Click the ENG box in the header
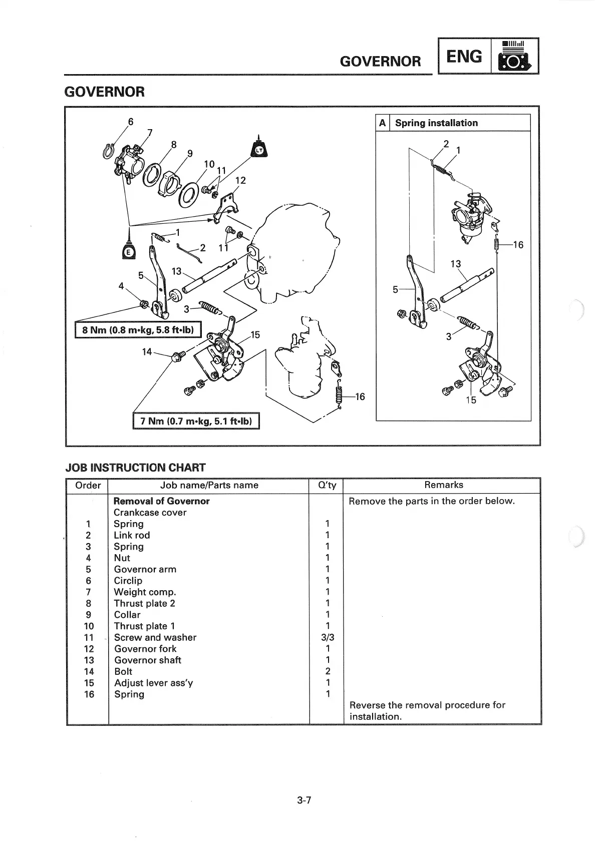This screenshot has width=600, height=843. tap(464, 56)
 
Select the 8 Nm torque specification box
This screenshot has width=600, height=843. tap(138, 330)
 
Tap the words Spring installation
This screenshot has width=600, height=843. tap(436, 123)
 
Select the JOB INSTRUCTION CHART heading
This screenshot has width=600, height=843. tap(135, 468)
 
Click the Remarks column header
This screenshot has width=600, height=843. tap(443, 485)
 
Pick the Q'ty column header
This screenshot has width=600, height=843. tap(327, 485)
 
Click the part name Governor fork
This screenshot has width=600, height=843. tap(145, 649)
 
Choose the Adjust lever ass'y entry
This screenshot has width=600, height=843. tap(153, 683)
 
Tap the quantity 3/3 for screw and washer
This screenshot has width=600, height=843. tap(328, 637)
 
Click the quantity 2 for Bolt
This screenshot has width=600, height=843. tap(328, 671)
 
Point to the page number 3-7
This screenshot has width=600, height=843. tap(304, 800)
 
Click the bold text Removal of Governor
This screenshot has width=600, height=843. tap(161, 501)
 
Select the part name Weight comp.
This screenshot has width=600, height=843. tap(145, 592)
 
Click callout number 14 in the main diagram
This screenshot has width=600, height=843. tap(147, 352)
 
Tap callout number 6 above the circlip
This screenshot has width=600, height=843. tap(131, 122)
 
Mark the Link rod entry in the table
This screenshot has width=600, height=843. tap(132, 535)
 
